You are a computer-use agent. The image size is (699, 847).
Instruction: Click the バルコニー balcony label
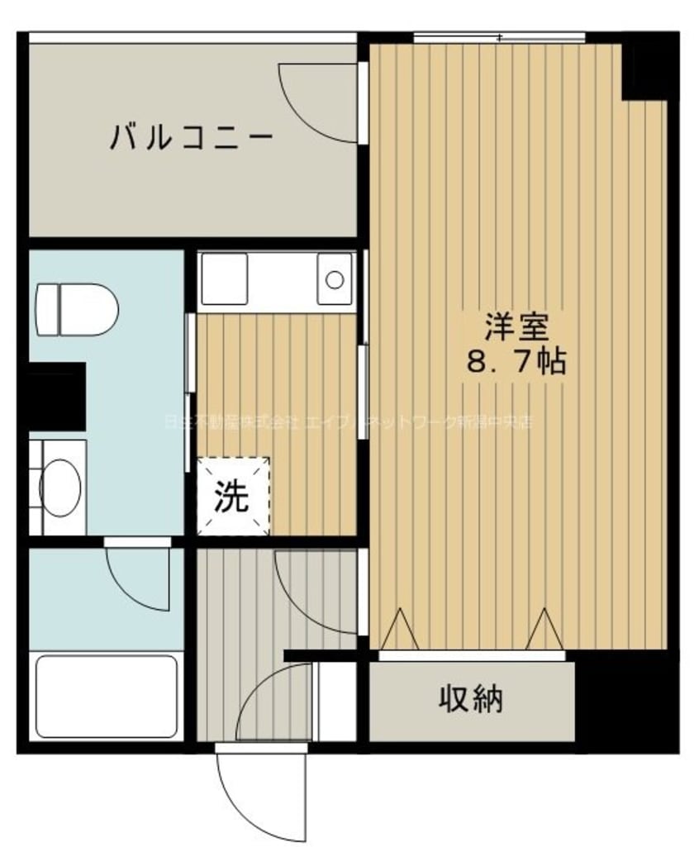coord(191,136)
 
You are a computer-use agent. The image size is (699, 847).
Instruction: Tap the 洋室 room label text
coord(516,328)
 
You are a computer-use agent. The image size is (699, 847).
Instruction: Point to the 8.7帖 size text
coord(516,361)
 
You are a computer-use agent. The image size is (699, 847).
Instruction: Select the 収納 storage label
coord(470,701)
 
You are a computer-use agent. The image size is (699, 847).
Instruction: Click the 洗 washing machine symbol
coord(233,496)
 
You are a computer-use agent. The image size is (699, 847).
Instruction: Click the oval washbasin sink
coord(59,488)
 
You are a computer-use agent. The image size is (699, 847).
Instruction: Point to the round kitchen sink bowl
coord(335,278)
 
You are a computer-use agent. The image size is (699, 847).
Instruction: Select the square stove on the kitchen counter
coord(223,278)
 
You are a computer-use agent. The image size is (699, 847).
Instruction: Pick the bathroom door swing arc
coord(136,578)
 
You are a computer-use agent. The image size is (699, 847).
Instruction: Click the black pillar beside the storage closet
coord(626,701)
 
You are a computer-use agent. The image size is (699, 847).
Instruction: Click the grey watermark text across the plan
coord(347,421)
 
